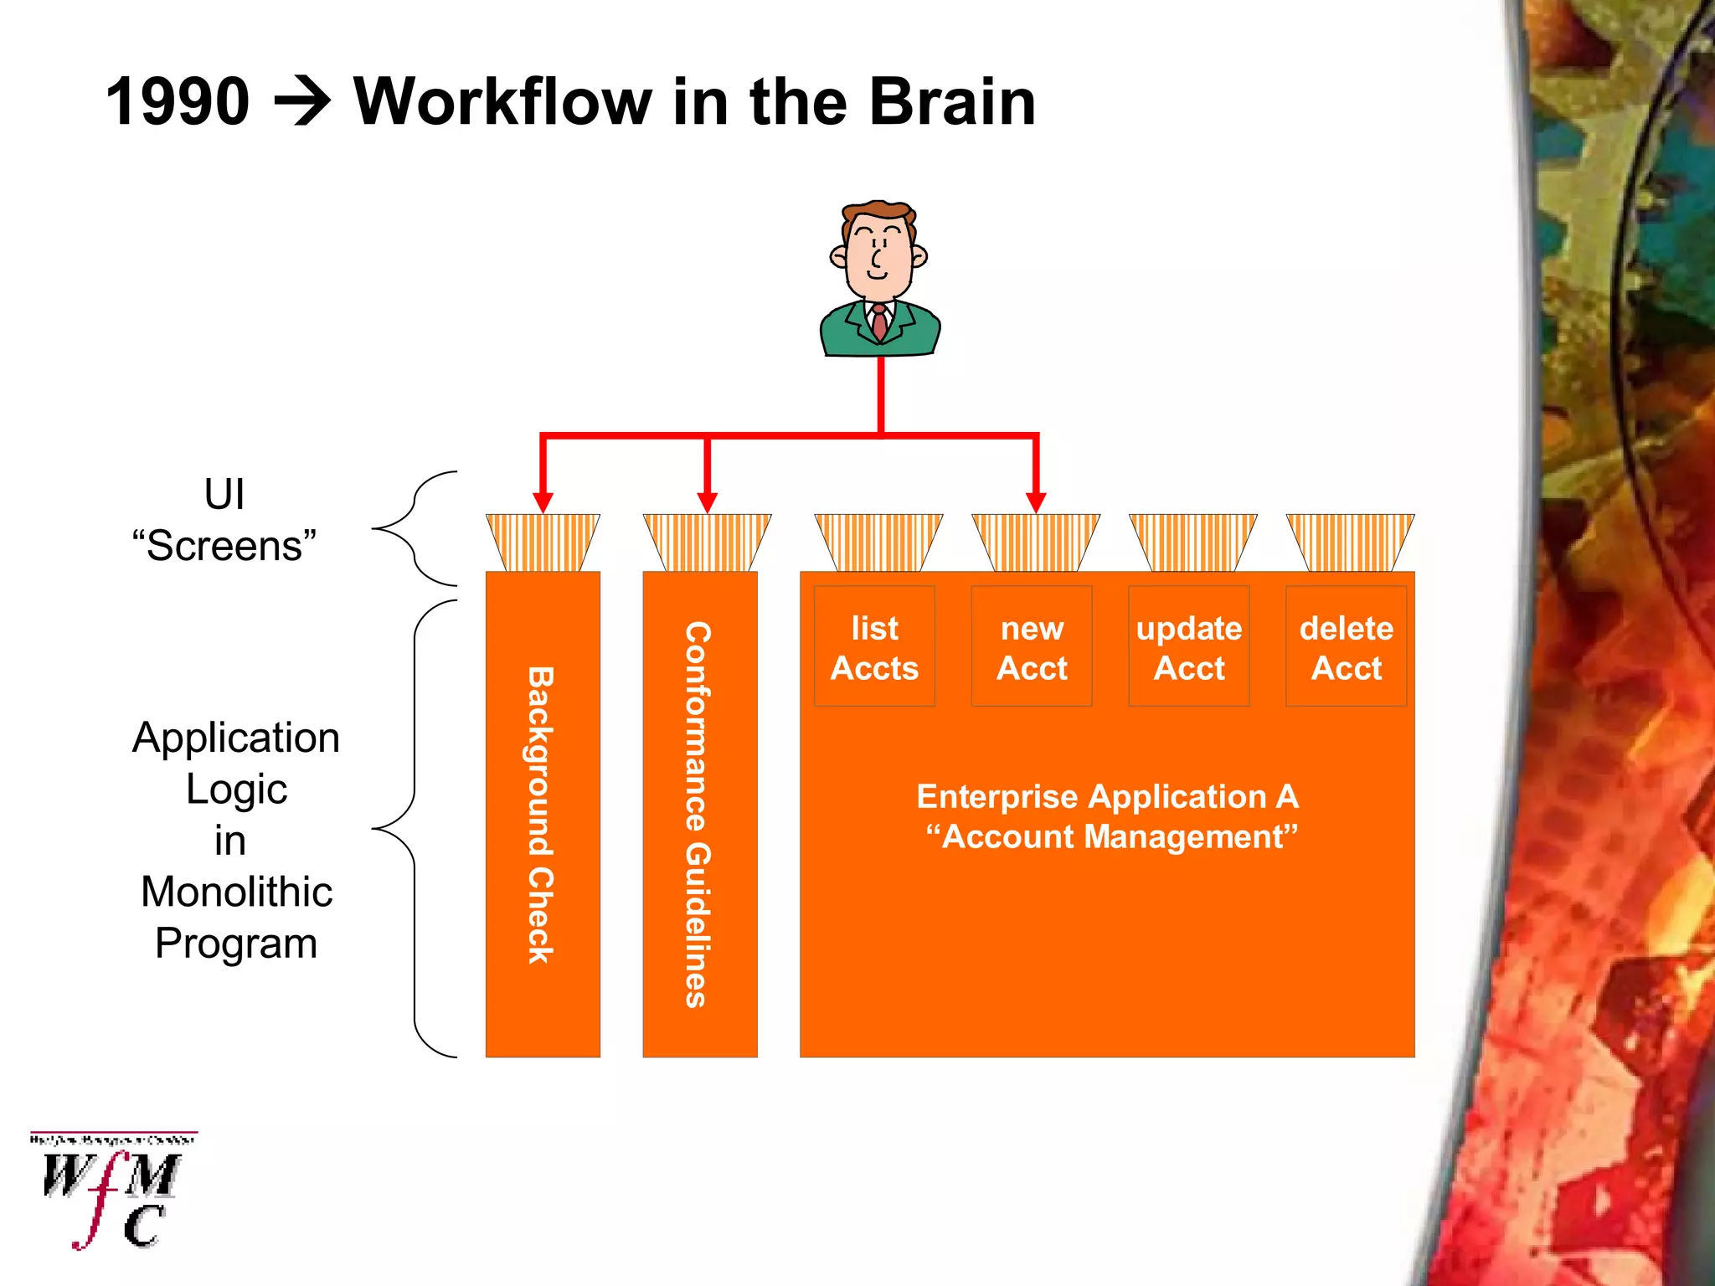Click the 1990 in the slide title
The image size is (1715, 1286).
178,102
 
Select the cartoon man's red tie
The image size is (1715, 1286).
879,322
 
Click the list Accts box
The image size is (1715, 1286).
874,647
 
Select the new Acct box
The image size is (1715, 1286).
1032,647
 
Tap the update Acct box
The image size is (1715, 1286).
1188,647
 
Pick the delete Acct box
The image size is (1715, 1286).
1346,647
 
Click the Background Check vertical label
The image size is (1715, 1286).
541,815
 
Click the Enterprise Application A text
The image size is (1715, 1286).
1107,796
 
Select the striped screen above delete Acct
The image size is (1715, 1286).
1350,543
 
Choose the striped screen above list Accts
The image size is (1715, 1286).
878,543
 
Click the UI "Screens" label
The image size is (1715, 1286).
224,520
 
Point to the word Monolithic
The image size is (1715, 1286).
236,892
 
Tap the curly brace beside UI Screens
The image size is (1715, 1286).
415,528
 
